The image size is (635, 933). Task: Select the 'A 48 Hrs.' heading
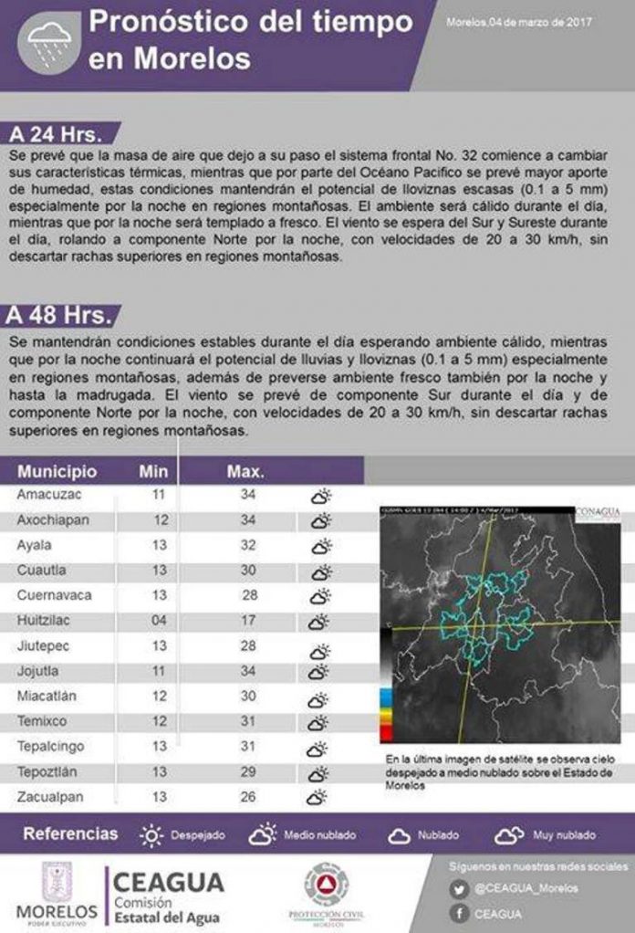[59, 316]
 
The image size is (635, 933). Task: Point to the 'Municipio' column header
[57, 472]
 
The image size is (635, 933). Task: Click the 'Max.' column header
[245, 472]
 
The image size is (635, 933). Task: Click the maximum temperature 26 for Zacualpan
[247, 796]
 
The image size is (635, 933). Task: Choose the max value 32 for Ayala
[247, 545]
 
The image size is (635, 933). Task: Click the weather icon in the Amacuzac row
[319, 498]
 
